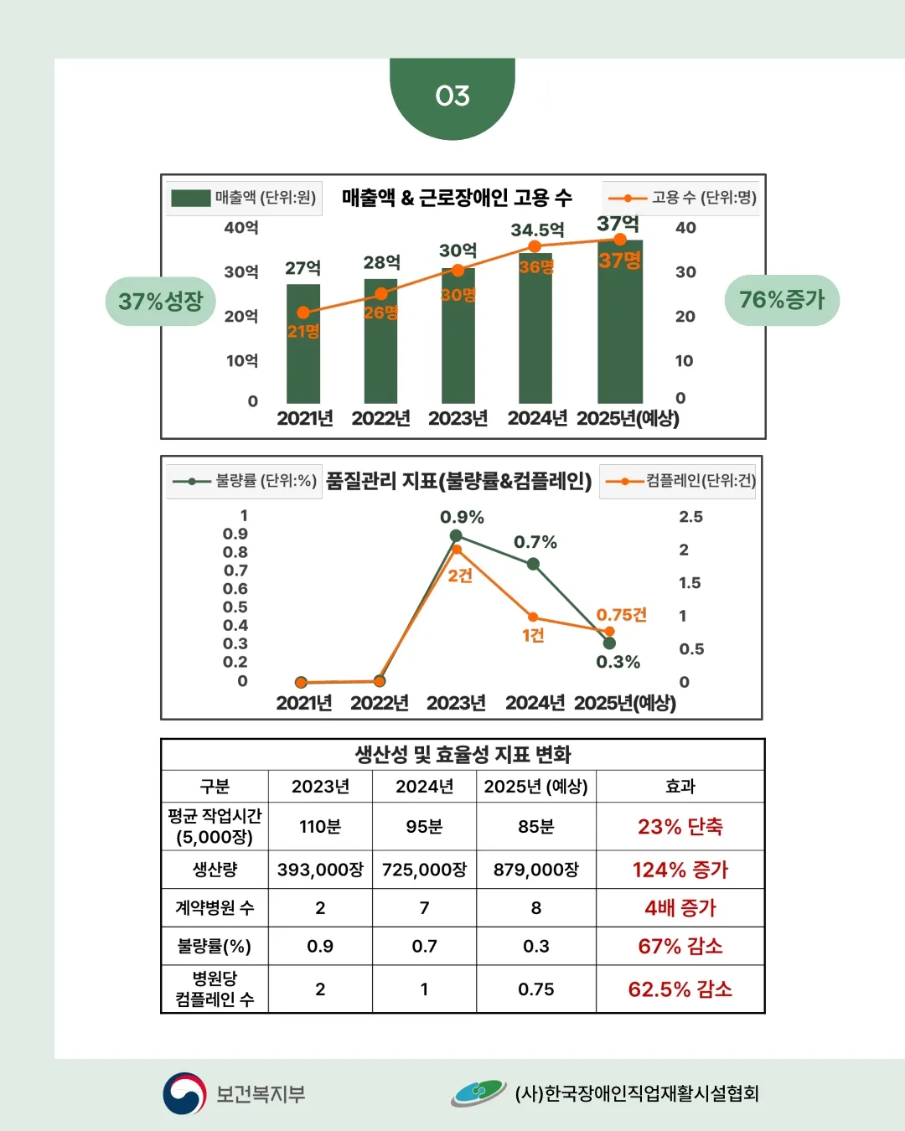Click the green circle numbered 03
tap(452, 96)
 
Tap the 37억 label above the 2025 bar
tap(618, 224)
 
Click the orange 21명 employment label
tap(303, 332)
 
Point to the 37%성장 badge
tap(161, 301)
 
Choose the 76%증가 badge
tap(782, 300)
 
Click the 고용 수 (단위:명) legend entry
tap(681, 198)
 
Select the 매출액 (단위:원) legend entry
tap(244, 198)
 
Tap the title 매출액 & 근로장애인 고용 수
tap(457, 198)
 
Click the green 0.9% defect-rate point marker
tap(456, 535)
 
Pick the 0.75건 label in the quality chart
tap(621, 615)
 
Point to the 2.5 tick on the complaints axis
tap(690, 517)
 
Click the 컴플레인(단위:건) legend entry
tap(679, 481)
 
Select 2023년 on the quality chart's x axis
tap(456, 703)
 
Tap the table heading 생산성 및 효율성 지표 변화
tap(463, 754)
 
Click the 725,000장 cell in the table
tap(424, 870)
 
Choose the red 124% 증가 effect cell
tap(680, 870)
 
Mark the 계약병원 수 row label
tap(215, 908)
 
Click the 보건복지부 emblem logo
tap(184, 1093)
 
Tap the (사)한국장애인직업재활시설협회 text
tap(637, 1093)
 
